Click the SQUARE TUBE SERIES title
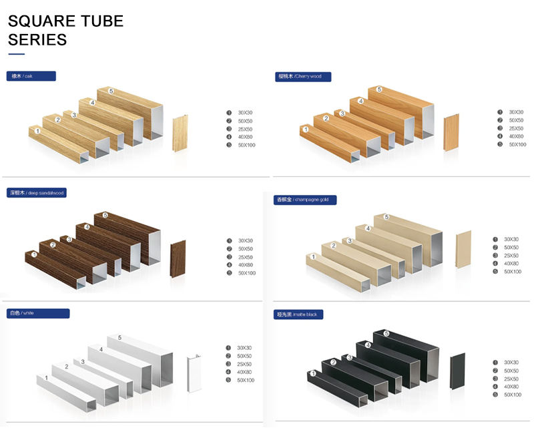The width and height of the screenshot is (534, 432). (x=65, y=30)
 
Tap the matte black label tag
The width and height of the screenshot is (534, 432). (x=298, y=314)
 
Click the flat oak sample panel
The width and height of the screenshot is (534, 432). (x=180, y=134)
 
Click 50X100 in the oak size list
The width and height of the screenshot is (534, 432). (x=246, y=145)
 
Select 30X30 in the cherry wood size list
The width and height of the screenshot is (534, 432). (x=516, y=112)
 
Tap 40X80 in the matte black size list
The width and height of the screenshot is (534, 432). (x=511, y=387)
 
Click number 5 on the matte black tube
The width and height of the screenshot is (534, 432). (x=386, y=333)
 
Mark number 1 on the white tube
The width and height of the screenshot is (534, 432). (x=47, y=379)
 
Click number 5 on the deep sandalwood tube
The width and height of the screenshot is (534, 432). (x=105, y=216)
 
